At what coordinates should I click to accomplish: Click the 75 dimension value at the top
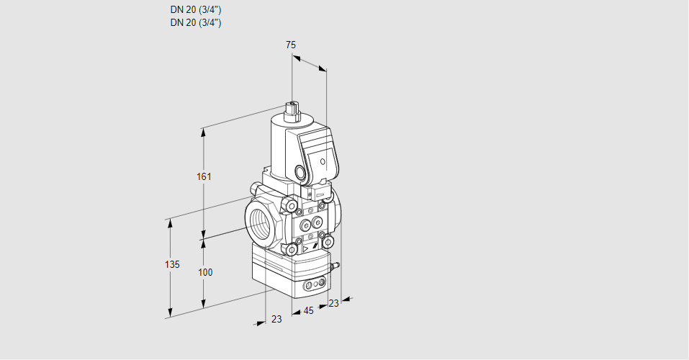pyautogui.click(x=291, y=45)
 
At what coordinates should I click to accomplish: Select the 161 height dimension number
pyautogui.click(x=204, y=176)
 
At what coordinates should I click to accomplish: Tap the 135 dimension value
pyautogui.click(x=172, y=264)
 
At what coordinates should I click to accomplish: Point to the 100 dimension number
pyautogui.click(x=205, y=273)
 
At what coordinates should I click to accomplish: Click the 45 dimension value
pyautogui.click(x=308, y=311)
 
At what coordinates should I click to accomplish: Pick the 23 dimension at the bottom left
pyautogui.click(x=276, y=319)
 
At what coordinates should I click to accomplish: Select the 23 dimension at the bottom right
pyautogui.click(x=334, y=303)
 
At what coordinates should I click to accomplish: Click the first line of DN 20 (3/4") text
pyautogui.click(x=196, y=9)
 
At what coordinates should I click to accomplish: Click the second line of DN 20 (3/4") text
pyautogui.click(x=196, y=23)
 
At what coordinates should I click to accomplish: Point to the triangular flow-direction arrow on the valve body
pyautogui.click(x=305, y=249)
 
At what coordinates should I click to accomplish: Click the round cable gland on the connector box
pyautogui.click(x=302, y=172)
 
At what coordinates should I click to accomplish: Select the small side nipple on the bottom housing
pyautogui.click(x=335, y=265)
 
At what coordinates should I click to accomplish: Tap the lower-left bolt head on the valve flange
pyautogui.click(x=292, y=250)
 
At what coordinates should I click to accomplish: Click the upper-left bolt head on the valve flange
pyautogui.click(x=289, y=204)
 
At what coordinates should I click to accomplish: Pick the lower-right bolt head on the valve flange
pyautogui.click(x=328, y=242)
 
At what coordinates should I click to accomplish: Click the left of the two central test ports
pyautogui.click(x=304, y=225)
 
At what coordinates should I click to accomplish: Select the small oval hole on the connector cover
pyautogui.click(x=323, y=162)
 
